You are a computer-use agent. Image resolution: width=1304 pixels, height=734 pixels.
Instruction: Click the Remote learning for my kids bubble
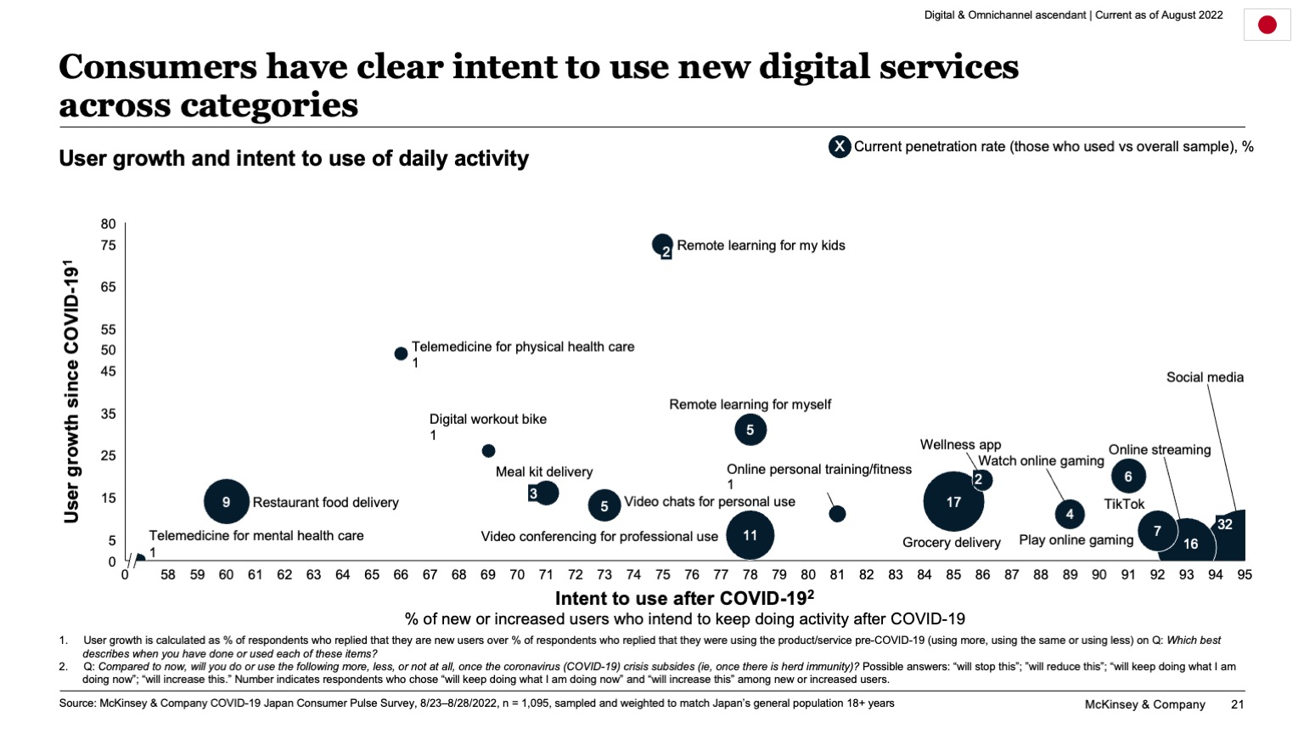pyautogui.click(x=662, y=245)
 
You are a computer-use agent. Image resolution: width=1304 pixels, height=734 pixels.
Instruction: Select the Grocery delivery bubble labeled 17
pyautogui.click(x=953, y=502)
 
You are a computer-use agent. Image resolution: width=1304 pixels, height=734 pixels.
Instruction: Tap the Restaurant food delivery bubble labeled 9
pyautogui.click(x=226, y=502)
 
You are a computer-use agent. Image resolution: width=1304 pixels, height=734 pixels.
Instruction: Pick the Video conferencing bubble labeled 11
pyautogui.click(x=750, y=535)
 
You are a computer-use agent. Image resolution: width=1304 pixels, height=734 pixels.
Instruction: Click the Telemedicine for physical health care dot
pyautogui.click(x=401, y=353)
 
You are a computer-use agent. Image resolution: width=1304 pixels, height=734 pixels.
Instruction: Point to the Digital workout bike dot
pyautogui.click(x=488, y=451)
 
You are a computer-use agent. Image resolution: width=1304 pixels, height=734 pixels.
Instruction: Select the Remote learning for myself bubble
pyautogui.click(x=750, y=430)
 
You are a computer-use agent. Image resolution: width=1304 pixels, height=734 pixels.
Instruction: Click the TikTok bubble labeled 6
pyautogui.click(x=1128, y=477)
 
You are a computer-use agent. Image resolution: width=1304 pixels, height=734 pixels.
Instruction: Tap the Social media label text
pyautogui.click(x=1204, y=377)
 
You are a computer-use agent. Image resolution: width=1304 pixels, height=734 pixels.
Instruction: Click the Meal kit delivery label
pyautogui.click(x=543, y=471)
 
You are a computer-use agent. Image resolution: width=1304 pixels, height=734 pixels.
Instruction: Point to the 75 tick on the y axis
pyautogui.click(x=108, y=246)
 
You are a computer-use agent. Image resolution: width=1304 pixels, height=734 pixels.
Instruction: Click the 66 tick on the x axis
pyautogui.click(x=401, y=575)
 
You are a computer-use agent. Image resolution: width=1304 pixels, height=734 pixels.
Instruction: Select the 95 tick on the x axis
pyautogui.click(x=1244, y=575)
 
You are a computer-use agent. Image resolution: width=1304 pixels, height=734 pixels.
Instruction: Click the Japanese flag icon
pyautogui.click(x=1267, y=25)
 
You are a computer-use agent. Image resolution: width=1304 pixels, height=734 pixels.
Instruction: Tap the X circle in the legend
pyautogui.click(x=839, y=147)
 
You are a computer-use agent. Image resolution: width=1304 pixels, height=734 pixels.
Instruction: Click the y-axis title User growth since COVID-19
pyautogui.click(x=71, y=391)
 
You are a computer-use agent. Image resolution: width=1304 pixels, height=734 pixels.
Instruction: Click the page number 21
pyautogui.click(x=1237, y=704)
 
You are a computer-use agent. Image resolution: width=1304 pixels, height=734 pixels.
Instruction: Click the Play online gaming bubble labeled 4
pyautogui.click(x=1070, y=514)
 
